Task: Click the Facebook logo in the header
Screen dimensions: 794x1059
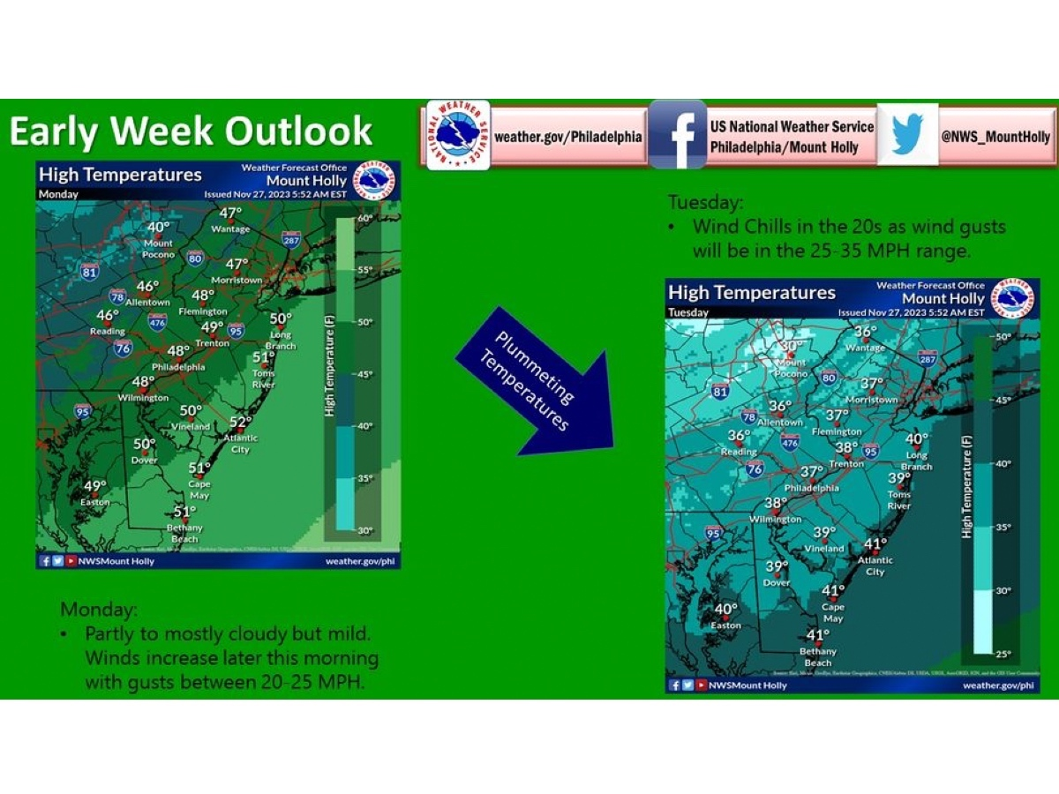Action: tap(678, 134)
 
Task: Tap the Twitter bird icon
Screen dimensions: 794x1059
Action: tap(907, 135)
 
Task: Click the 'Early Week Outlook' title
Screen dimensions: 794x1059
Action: tap(191, 131)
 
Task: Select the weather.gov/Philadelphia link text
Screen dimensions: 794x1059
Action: tap(567, 137)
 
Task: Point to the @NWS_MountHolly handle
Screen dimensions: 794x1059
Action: tap(995, 137)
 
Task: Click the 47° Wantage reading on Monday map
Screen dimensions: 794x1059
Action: tap(230, 213)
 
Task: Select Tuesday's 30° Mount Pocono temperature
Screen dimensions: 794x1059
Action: tap(792, 347)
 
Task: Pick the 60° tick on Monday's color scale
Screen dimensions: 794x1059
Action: tap(364, 217)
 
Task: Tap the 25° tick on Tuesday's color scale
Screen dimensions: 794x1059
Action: tap(1003, 654)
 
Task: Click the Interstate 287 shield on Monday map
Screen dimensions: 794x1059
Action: tap(290, 239)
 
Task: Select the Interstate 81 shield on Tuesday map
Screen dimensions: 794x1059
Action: tap(721, 391)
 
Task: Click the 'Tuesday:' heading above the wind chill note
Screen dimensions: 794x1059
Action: tap(694, 203)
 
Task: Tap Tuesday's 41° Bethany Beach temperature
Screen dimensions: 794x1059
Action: tap(818, 635)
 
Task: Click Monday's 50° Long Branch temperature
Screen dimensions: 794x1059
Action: tap(281, 319)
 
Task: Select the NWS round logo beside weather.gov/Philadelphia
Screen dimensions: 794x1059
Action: tap(458, 135)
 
